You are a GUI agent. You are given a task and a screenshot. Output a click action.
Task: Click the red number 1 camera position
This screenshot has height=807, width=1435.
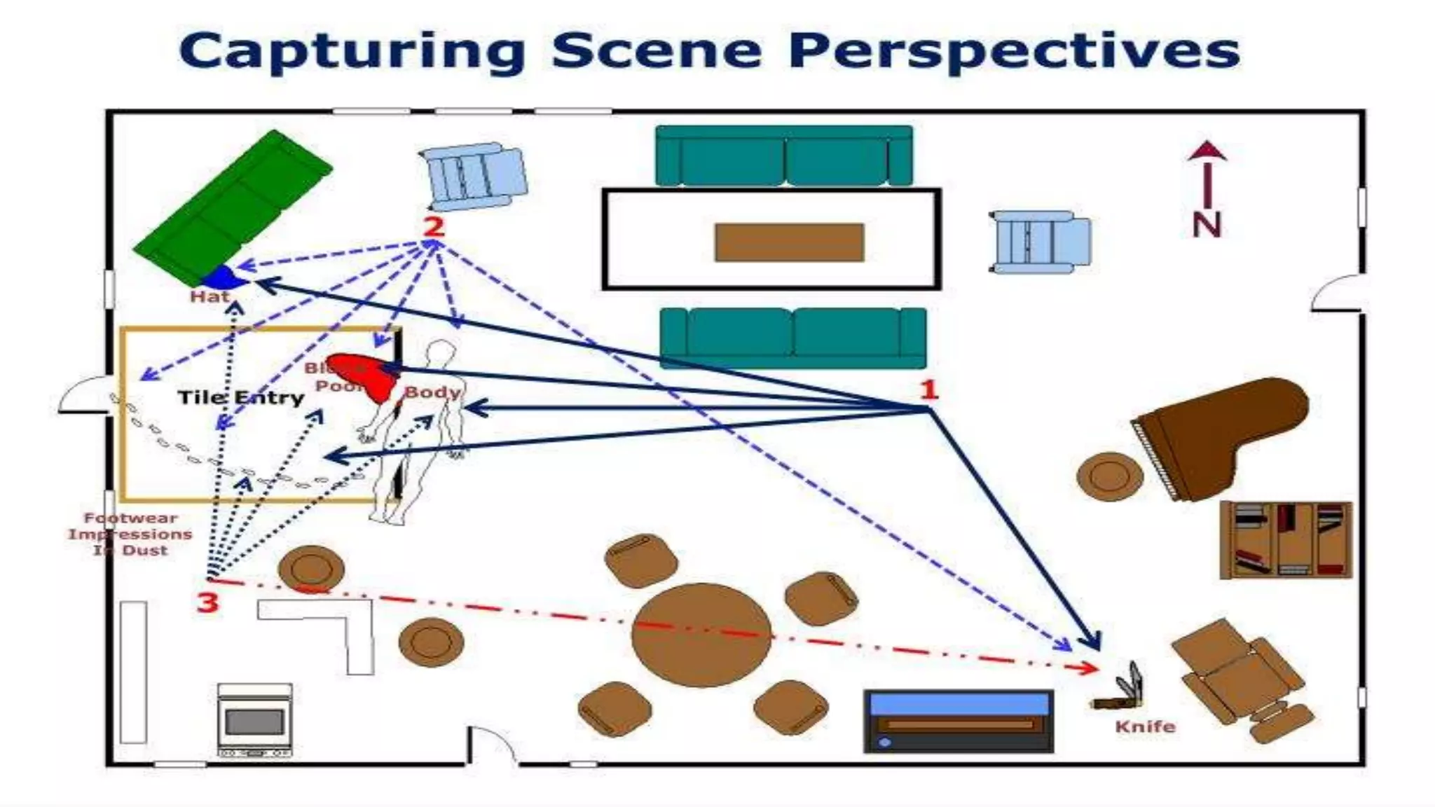pyautogui.click(x=928, y=389)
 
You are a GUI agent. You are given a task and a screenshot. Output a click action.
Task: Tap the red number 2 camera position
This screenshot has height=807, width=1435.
pyautogui.click(x=434, y=226)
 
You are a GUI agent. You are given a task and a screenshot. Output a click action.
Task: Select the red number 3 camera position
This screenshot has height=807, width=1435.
pyautogui.click(x=207, y=602)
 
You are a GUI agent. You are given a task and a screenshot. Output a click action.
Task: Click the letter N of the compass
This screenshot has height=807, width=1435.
pyautogui.click(x=1207, y=224)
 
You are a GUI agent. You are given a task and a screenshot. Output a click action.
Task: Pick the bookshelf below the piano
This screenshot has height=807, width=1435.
pyautogui.click(x=1285, y=539)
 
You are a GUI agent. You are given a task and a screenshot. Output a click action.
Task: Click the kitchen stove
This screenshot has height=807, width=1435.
pyautogui.click(x=254, y=719)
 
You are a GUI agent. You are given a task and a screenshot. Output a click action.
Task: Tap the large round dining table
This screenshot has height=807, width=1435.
pyautogui.click(x=701, y=634)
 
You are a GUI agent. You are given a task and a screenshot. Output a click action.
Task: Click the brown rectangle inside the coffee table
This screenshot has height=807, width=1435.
pyautogui.click(x=789, y=242)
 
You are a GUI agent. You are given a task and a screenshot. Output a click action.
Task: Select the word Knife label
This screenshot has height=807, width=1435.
pyautogui.click(x=1145, y=726)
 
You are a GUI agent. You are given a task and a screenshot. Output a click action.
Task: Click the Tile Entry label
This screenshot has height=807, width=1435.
pyautogui.click(x=241, y=398)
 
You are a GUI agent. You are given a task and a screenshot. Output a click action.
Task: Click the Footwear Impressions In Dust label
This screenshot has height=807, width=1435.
pyautogui.click(x=130, y=534)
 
